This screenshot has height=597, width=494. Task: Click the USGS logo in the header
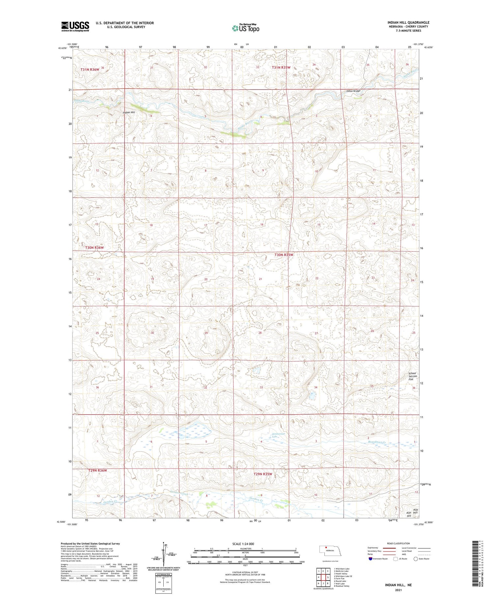point(75,26)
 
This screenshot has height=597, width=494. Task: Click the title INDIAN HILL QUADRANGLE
point(408,22)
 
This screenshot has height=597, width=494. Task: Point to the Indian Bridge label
point(353,91)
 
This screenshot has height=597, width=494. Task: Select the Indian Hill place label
point(129,113)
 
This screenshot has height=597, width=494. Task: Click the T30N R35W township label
point(284,255)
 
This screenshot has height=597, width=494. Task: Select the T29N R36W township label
point(98,471)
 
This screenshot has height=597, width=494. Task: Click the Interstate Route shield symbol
point(370,559)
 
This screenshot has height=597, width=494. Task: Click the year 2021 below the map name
point(398,590)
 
